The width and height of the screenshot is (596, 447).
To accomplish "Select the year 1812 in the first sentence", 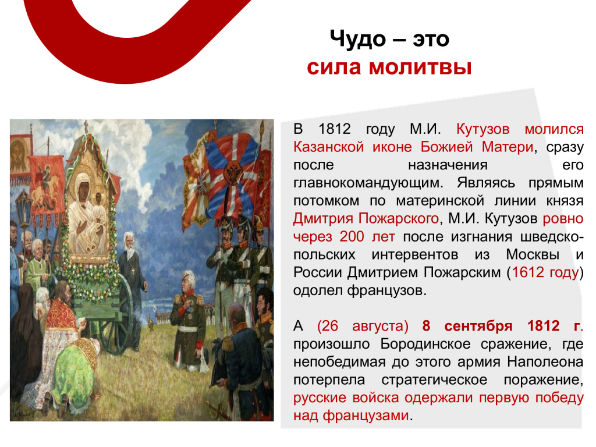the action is pyautogui.click(x=335, y=129).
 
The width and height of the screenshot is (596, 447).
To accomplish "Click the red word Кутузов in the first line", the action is pyautogui.click(x=483, y=129).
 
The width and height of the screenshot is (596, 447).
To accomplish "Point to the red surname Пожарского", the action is pyautogui.click(x=399, y=219).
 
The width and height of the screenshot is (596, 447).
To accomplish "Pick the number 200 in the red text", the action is pyautogui.click(x=352, y=237).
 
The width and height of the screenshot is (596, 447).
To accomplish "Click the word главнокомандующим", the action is pyautogui.click(x=368, y=183).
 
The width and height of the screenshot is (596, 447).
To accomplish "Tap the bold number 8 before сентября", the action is pyautogui.click(x=426, y=326).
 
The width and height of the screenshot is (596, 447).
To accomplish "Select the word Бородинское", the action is pyautogui.click(x=425, y=345).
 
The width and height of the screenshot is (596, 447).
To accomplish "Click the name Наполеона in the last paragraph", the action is pyautogui.click(x=545, y=362).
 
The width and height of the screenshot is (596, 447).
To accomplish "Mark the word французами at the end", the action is pyautogui.click(x=366, y=416).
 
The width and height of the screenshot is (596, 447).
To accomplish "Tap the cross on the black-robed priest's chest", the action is pyautogui.click(x=133, y=271).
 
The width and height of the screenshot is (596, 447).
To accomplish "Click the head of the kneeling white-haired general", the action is pyautogui.click(x=188, y=281).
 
